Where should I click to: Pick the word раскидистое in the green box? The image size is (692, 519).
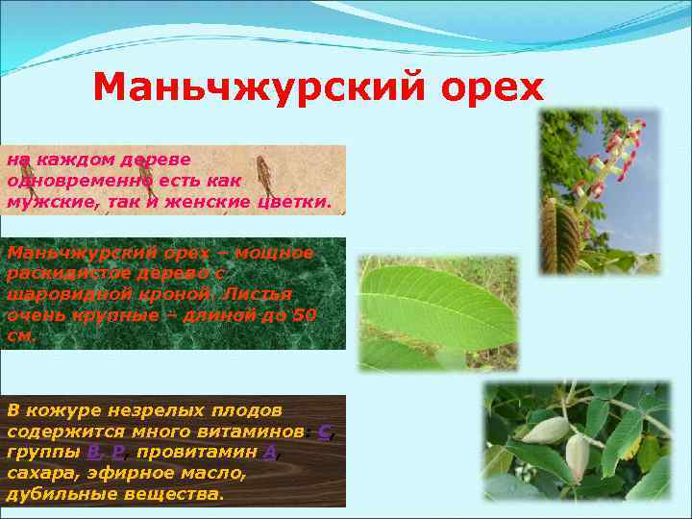(x=64, y=273)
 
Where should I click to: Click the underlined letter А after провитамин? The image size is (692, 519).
(x=270, y=452)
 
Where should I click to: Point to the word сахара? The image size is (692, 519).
(x=39, y=473)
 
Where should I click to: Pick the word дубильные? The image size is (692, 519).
(x=62, y=494)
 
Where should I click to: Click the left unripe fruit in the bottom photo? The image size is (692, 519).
(x=544, y=430)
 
